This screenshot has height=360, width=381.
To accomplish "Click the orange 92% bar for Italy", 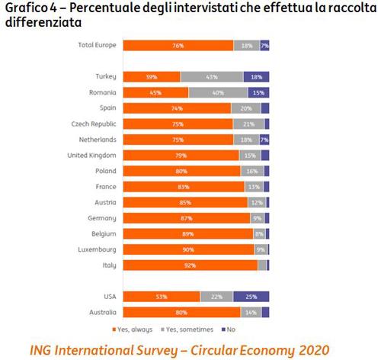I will (x=190, y=265).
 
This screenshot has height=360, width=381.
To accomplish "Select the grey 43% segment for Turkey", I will (x=212, y=76).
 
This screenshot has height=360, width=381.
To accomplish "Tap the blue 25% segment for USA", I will (x=251, y=296).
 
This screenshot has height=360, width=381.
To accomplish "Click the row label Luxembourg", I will (x=97, y=249).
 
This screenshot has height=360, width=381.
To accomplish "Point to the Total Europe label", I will (x=97, y=45).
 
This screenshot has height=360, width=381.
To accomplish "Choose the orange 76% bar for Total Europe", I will (x=178, y=45).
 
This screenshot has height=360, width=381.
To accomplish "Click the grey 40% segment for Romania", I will (x=218, y=92).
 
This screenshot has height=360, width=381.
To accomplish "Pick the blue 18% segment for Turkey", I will (x=256, y=76).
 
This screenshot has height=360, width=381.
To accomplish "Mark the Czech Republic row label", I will (x=93, y=124).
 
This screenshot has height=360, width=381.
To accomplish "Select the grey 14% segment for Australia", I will (x=251, y=312).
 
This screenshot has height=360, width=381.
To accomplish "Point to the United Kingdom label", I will (x=91, y=155).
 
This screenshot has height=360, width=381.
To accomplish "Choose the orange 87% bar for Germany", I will (x=186, y=217).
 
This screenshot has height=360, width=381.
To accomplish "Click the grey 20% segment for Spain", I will (x=245, y=108).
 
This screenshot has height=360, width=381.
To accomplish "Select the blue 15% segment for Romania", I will (x=258, y=92).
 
